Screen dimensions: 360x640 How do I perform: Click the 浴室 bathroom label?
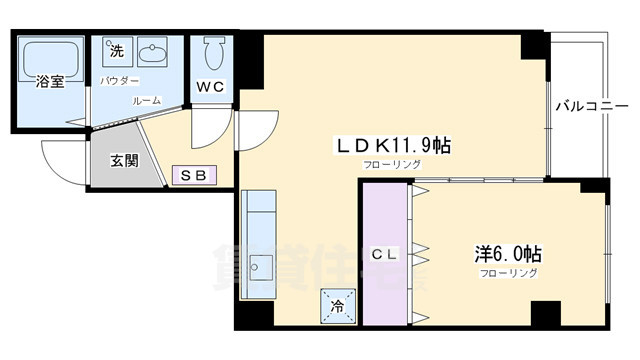tap(50, 81)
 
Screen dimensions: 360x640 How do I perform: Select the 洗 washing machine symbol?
tap(116, 51)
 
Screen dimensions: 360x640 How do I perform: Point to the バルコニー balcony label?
tap(591, 106)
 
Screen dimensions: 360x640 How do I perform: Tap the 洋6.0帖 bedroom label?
tap(509, 254)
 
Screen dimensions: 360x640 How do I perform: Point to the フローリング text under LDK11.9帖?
tap(392, 164)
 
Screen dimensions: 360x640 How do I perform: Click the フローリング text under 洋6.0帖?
tap(509, 273)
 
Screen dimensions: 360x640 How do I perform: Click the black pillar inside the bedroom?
tap(544, 312)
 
